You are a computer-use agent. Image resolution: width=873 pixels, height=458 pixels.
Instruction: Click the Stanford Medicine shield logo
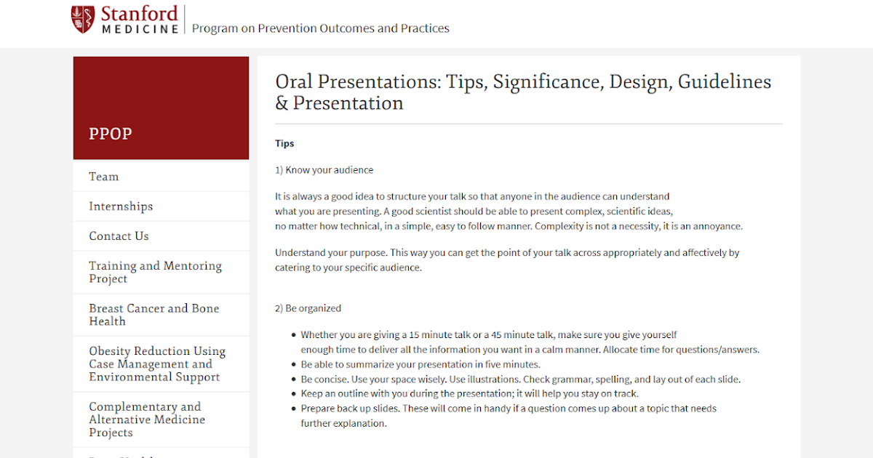[83, 20]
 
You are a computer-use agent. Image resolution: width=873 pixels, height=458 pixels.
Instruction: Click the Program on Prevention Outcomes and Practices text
[320, 28]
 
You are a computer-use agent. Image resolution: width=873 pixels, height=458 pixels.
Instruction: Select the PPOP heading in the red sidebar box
[110, 134]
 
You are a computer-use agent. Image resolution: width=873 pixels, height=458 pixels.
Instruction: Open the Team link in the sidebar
[103, 177]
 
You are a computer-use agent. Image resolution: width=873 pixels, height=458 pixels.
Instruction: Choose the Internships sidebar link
[121, 206]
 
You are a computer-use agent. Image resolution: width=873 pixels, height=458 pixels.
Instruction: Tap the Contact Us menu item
[119, 236]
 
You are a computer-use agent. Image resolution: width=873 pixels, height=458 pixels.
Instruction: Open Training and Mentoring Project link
[155, 272]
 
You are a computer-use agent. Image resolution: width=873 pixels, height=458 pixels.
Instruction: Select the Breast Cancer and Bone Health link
[154, 315]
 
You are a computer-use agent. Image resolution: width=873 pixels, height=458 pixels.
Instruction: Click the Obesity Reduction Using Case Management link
[157, 363]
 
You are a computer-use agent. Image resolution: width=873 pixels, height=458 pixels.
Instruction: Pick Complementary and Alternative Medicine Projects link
[147, 419]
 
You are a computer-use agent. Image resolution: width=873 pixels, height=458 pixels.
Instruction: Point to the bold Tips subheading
[284, 143]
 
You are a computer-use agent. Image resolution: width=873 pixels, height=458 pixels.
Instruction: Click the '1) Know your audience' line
[324, 170]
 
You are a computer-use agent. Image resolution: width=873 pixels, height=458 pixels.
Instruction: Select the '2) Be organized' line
[308, 308]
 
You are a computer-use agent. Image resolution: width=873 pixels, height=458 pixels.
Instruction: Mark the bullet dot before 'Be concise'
[294, 379]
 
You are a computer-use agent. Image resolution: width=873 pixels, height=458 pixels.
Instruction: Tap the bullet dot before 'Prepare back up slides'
[294, 409]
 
